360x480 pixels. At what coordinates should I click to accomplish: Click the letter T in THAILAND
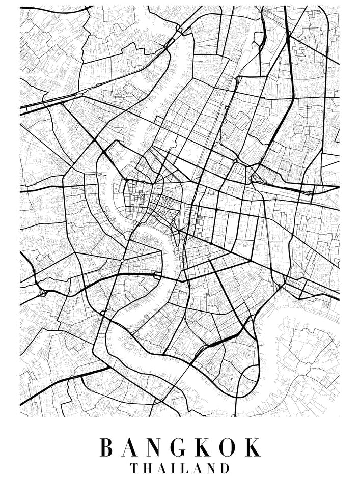(x=134, y=468)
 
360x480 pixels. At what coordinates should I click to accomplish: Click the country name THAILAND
(x=180, y=468)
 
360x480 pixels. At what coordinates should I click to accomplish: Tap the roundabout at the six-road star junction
(x=122, y=261)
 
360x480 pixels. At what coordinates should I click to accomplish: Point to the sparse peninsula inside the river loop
(x=306, y=351)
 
